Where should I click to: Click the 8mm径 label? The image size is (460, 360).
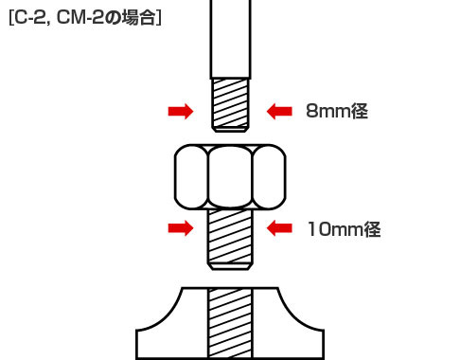click(336, 112)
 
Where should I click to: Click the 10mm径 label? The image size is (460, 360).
click(344, 228)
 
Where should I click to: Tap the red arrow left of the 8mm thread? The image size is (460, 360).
click(180, 112)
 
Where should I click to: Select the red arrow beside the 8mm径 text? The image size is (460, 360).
click(279, 112)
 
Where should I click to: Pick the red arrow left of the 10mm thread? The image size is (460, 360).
click(180, 228)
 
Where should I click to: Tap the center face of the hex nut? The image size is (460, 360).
click(230, 176)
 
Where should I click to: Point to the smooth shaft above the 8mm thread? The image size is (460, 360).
click(230, 38)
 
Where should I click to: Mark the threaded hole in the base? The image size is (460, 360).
click(230, 322)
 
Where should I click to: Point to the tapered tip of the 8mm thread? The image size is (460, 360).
click(230, 128)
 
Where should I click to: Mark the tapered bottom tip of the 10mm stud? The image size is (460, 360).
click(230, 266)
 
